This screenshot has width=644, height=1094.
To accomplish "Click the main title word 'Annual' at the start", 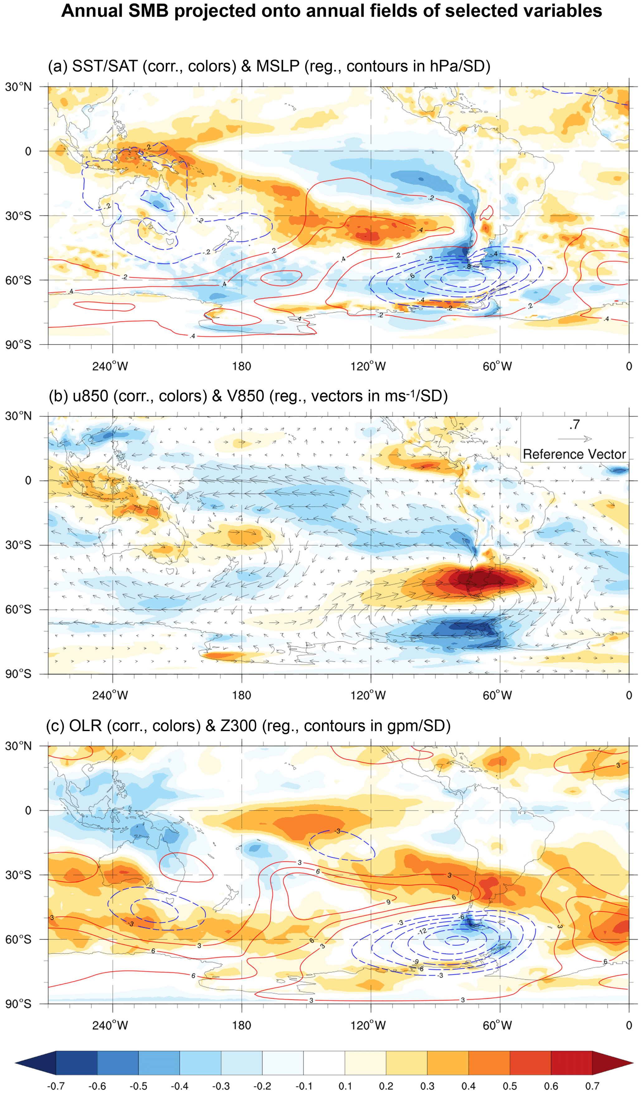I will pyautogui.click(x=88, y=11).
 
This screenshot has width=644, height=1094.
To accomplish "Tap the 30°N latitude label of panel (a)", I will pyautogui.click(x=18, y=87).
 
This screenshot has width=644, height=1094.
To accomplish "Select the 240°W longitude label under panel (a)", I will pyautogui.click(x=110, y=366).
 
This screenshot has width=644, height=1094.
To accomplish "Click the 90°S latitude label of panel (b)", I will pyautogui.click(x=18, y=674).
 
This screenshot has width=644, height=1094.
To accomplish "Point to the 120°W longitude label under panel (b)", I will pyautogui.click(x=368, y=695).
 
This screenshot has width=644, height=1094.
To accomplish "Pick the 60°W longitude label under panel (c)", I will pyautogui.click(x=497, y=1025).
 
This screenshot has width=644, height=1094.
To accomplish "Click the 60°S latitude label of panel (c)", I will pyautogui.click(x=18, y=939).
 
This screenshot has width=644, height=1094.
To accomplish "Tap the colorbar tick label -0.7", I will pyautogui.click(x=56, y=1085).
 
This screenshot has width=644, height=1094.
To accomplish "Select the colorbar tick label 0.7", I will pyautogui.click(x=592, y=1085).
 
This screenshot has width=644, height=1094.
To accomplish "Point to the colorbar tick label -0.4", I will pyautogui.click(x=179, y=1085).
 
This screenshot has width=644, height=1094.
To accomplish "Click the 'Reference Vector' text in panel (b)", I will pyautogui.click(x=574, y=454).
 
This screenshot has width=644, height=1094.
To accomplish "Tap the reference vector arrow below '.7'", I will pyautogui.click(x=575, y=439).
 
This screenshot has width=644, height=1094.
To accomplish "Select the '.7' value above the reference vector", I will pyautogui.click(x=575, y=424).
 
